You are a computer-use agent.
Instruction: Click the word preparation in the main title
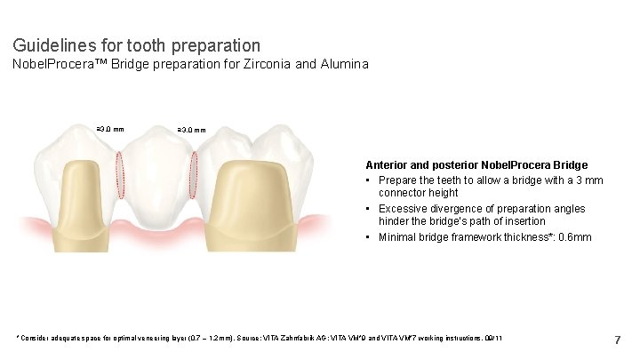(219, 44)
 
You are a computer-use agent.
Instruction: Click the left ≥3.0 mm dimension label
(110, 130)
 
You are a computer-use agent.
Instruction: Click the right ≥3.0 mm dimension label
(192, 130)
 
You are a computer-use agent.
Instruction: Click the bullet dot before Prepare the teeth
(370, 180)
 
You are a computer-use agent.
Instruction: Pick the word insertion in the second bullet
(522, 221)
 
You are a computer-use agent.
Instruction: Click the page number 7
(618, 340)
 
